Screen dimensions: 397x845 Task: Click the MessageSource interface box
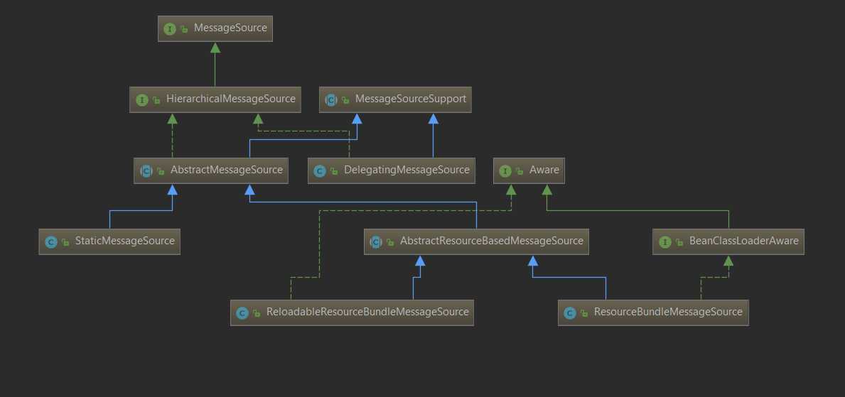[x=215, y=28]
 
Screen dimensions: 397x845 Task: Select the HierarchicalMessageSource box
[x=215, y=99]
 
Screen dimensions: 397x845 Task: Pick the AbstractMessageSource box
[x=211, y=170]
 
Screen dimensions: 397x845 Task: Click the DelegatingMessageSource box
[x=392, y=170]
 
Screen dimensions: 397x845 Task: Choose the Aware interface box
[x=529, y=170]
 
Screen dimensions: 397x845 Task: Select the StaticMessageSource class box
[x=109, y=241]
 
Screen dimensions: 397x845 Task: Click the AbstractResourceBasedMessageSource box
[x=477, y=241]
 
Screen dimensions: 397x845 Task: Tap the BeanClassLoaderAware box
[x=728, y=241]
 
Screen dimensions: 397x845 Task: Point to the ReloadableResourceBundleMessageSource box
[x=352, y=312]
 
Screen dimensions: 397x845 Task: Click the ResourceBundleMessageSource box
[x=653, y=312]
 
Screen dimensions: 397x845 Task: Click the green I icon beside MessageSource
[x=169, y=29]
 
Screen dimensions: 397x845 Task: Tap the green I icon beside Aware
[x=505, y=171]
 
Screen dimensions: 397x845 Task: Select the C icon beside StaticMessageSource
[x=50, y=242]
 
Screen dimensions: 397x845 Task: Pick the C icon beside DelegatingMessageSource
[x=319, y=171]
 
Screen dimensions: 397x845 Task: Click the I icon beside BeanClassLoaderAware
[x=664, y=242]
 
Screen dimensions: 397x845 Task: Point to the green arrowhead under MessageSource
[x=215, y=48]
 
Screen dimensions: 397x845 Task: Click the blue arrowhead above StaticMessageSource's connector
[x=173, y=190]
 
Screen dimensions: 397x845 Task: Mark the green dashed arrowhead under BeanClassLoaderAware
[x=728, y=261]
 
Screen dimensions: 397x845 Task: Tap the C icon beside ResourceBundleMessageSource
[x=569, y=313]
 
